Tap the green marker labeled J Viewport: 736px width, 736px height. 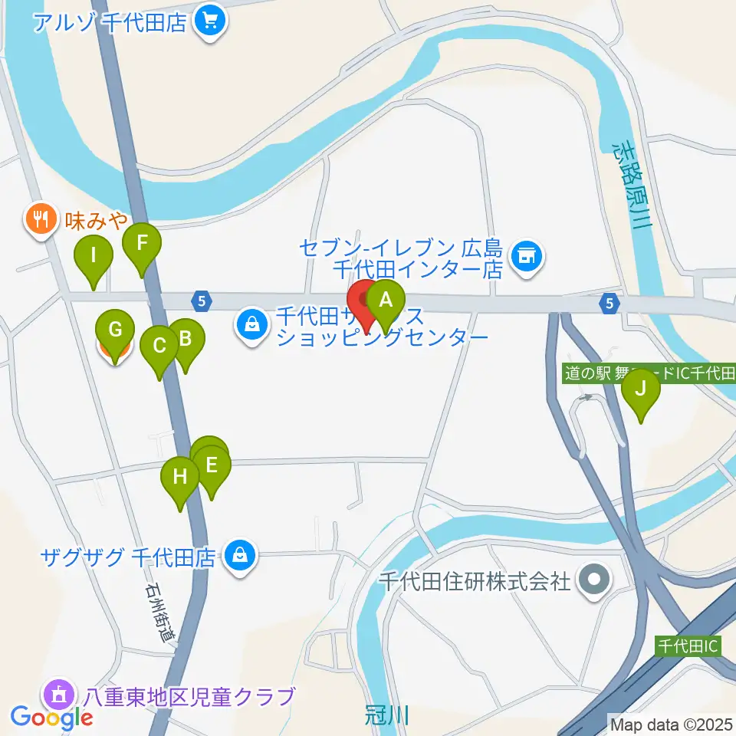[x=640, y=388]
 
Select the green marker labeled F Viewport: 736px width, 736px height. [x=142, y=245]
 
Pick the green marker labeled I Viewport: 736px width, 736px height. [x=94, y=255]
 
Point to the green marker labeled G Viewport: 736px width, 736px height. [x=115, y=331]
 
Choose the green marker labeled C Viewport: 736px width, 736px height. [x=159, y=346]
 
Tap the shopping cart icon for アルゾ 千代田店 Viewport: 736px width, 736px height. [x=209, y=21]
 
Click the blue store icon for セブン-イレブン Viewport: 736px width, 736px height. [x=527, y=254]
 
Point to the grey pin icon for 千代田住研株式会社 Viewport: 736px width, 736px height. [x=595, y=580]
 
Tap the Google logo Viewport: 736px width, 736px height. [x=52, y=718]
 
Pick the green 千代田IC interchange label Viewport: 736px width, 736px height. [x=688, y=646]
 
